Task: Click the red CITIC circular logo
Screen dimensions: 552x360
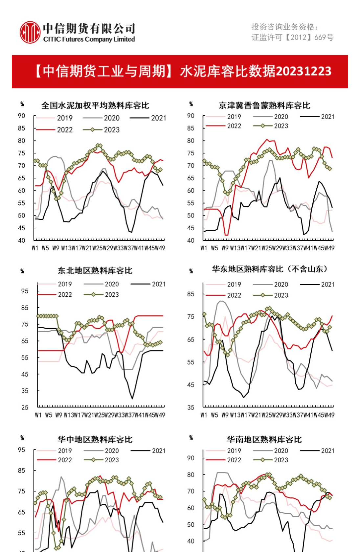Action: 30,32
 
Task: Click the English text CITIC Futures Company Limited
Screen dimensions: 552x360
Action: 89,39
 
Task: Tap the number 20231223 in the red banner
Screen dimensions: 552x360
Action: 304,71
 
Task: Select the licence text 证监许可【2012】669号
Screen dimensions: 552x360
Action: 292,37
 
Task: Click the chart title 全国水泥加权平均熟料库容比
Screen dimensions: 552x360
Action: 95,105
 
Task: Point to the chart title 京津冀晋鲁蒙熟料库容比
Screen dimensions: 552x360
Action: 264,105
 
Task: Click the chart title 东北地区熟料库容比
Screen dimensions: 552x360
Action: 95,270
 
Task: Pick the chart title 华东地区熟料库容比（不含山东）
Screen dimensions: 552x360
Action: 270,269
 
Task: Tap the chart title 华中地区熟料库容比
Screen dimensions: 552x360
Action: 95,439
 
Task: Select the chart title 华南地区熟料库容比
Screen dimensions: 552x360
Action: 264,439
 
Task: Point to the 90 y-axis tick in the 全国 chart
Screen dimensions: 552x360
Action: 21,116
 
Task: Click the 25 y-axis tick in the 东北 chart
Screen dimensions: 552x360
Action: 25,407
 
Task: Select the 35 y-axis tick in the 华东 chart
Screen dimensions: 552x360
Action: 191,407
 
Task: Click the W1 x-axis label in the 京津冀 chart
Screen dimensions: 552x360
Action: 204,248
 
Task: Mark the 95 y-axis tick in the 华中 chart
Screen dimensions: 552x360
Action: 21,449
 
